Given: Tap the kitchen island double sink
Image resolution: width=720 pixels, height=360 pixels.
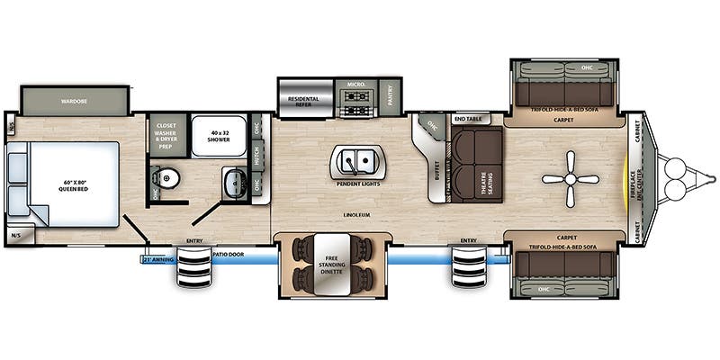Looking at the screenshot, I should click(358, 162).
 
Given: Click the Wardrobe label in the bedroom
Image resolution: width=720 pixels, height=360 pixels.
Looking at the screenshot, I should click(73, 102).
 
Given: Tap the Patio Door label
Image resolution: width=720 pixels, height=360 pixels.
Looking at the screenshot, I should click(231, 256).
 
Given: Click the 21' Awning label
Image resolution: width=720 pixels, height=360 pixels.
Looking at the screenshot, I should click(157, 259).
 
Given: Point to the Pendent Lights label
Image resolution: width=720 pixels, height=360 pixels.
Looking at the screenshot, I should click(356, 184).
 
